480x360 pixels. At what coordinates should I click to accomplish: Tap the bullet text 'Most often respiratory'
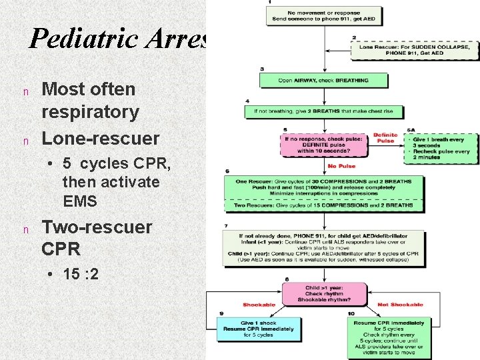tap(90, 100)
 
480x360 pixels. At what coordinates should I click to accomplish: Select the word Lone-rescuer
tap(101, 138)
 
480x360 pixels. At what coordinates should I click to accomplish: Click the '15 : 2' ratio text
tap(81, 273)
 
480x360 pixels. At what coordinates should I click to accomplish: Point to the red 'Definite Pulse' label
tap(385, 138)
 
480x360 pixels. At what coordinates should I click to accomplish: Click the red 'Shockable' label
tap(259, 305)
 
